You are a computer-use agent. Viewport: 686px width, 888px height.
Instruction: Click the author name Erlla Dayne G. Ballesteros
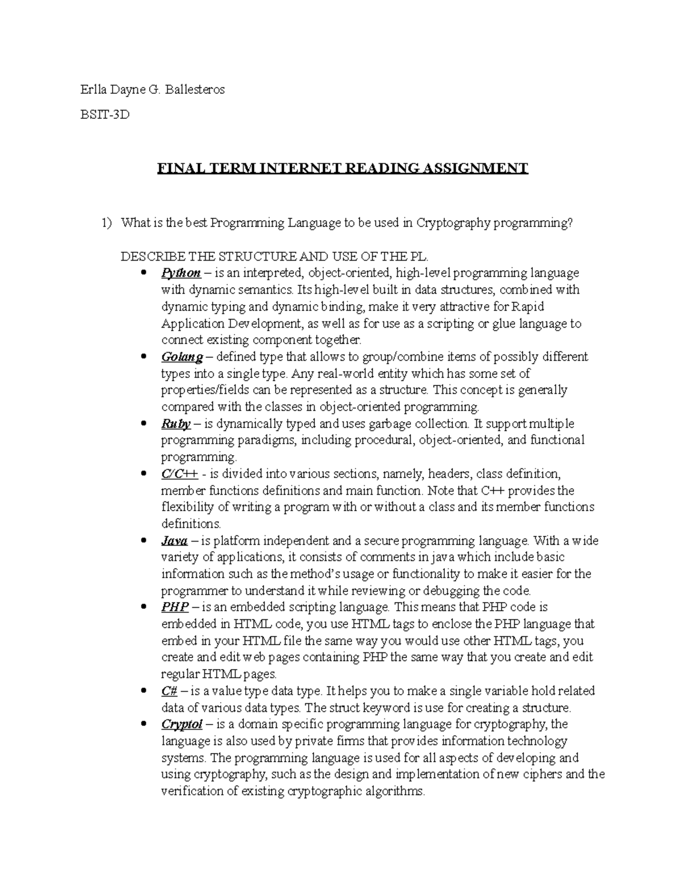point(153,90)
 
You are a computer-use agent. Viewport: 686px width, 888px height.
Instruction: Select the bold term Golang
point(182,357)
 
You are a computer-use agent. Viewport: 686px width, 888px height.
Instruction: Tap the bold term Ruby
point(176,424)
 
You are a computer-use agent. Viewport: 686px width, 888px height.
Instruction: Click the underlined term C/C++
point(180,474)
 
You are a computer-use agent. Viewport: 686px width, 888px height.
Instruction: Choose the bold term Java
point(174,541)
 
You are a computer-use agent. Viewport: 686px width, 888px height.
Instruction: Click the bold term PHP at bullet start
point(174,608)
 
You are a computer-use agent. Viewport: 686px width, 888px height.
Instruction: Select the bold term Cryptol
point(182,724)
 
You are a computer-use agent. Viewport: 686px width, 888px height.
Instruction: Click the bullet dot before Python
point(143,273)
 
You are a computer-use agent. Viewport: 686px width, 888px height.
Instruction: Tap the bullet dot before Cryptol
point(143,724)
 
